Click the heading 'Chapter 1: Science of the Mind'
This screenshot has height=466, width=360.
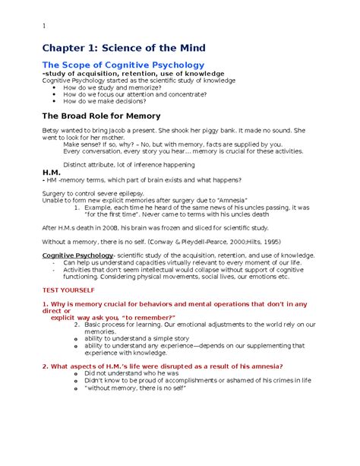click(x=124, y=48)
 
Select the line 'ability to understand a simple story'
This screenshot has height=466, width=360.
click(x=137, y=338)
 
